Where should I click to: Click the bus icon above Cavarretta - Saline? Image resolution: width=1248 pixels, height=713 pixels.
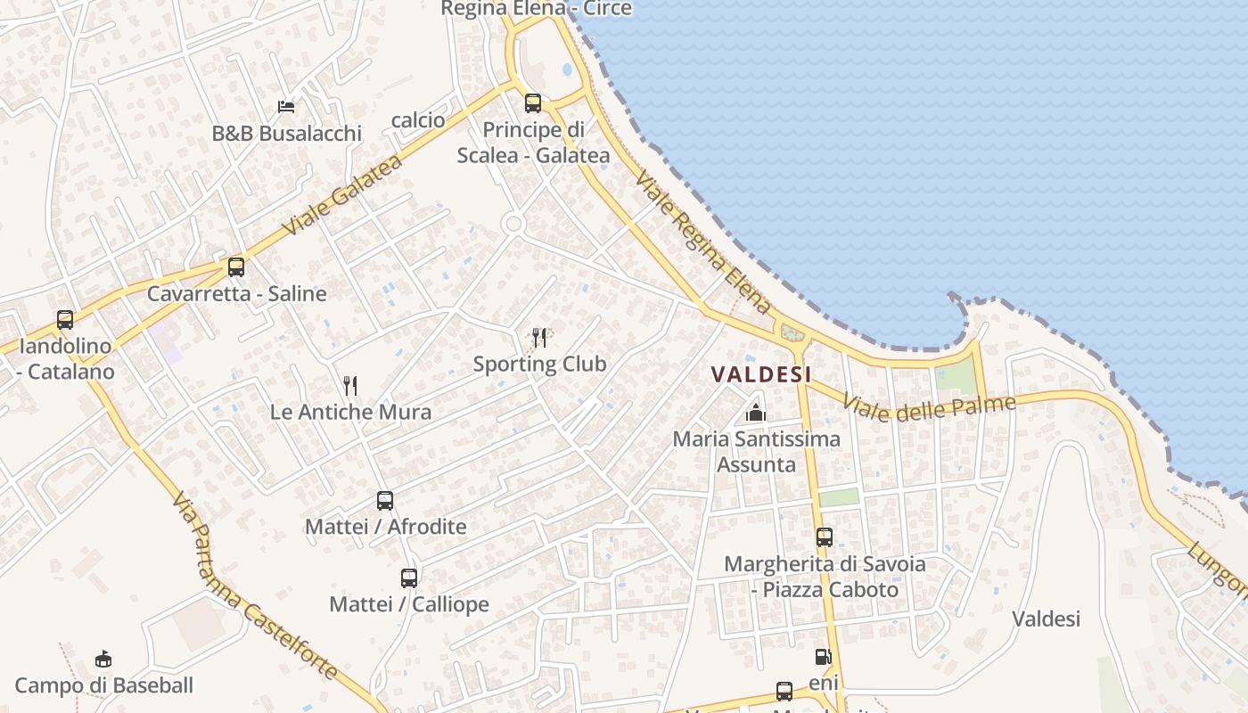click(x=236, y=266)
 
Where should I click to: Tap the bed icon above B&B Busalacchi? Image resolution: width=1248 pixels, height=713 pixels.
click(x=286, y=107)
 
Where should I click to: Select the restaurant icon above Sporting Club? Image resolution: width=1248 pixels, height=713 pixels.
click(x=539, y=337)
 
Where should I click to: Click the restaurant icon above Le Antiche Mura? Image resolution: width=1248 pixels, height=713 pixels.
click(x=350, y=385)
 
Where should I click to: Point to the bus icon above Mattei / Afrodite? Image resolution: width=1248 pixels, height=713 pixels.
click(x=385, y=501)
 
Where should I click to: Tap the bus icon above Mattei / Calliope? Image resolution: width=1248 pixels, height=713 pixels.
click(x=409, y=578)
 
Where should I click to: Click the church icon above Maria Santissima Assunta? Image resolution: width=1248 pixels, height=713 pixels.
click(x=756, y=413)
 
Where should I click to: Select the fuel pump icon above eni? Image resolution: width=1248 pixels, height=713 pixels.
click(x=823, y=657)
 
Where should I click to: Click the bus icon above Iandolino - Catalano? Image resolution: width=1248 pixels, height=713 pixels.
click(x=65, y=319)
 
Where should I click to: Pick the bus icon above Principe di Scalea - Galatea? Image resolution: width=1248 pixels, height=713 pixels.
click(x=533, y=103)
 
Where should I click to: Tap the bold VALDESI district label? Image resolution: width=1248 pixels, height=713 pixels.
click(x=761, y=374)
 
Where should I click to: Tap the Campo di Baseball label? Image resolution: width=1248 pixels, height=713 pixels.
click(x=104, y=685)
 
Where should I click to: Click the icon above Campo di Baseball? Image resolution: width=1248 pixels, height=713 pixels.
click(x=103, y=660)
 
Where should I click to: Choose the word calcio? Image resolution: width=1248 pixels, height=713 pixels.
click(x=418, y=119)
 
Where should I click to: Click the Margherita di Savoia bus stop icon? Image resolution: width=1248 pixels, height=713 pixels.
click(x=825, y=537)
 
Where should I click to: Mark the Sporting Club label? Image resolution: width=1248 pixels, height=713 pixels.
click(x=539, y=364)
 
